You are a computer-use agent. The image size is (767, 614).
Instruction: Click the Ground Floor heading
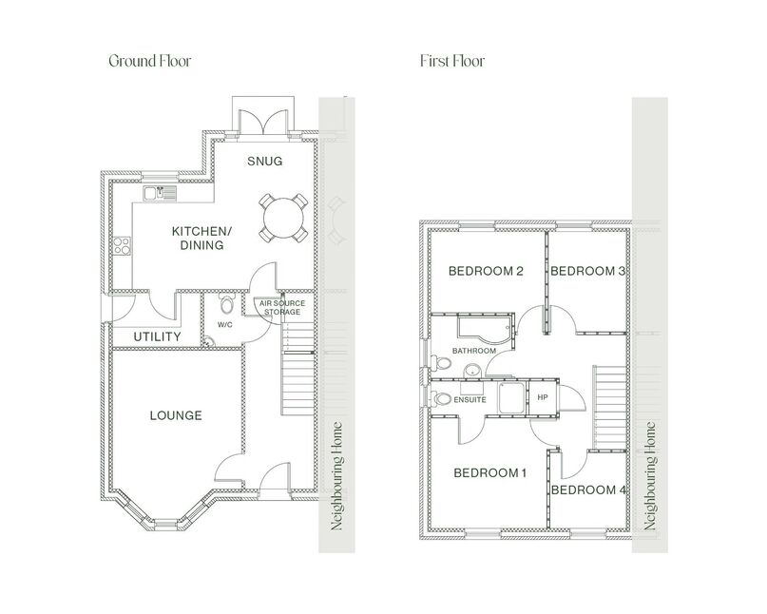[x=149, y=61]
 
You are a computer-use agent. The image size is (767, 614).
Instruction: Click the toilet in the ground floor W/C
[x=225, y=305]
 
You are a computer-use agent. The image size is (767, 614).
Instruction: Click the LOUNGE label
[x=176, y=415]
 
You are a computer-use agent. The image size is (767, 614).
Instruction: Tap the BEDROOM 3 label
[x=587, y=271]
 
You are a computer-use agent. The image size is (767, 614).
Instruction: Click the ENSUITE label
[x=470, y=400]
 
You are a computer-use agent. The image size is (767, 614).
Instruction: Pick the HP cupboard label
[x=544, y=397]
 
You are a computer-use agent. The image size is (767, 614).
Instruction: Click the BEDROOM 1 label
[x=489, y=472]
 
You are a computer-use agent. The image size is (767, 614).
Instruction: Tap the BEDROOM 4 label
[x=588, y=489]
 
